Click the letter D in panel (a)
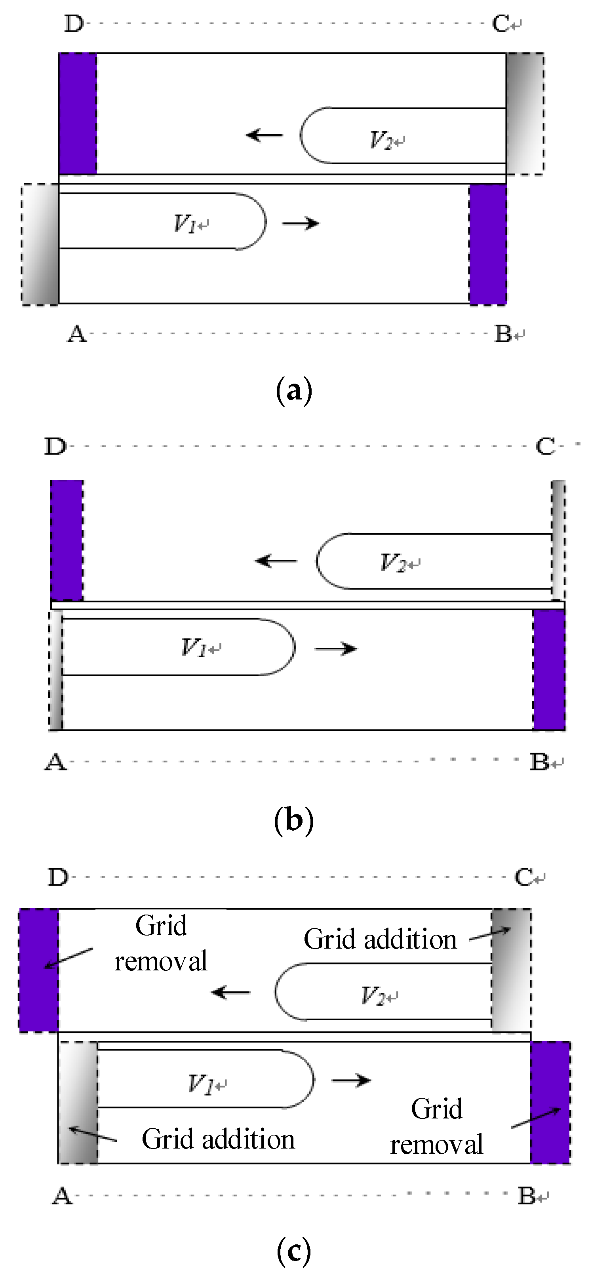[74, 23]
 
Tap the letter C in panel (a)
[500, 23]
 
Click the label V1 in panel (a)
[185, 224]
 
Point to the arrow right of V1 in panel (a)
[300, 223]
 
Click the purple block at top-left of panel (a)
[78, 114]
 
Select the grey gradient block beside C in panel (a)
[525, 114]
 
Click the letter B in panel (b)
[539, 762]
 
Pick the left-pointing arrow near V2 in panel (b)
[276, 561]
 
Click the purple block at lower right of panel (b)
[549, 670]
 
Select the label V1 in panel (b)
[194, 647]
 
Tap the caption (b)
[294, 820]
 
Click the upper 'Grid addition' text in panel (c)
[380, 940]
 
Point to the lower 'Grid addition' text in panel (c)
[218, 1139]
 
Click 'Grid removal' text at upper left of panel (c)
[161, 943]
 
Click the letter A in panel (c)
[62, 1196]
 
